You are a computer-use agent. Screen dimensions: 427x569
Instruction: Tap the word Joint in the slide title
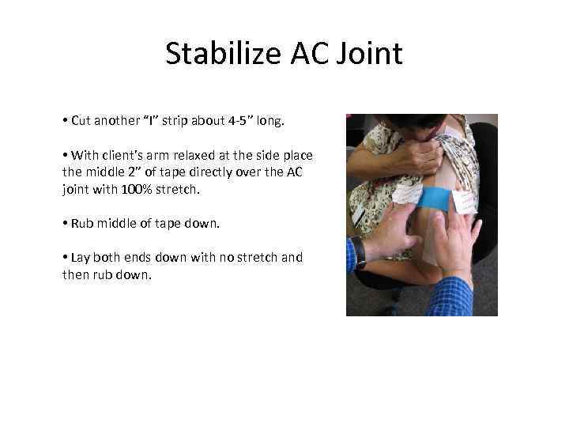point(369,54)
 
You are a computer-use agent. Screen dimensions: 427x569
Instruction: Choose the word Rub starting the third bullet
point(81,224)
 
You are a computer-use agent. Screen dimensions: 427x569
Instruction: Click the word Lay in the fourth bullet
point(80,258)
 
